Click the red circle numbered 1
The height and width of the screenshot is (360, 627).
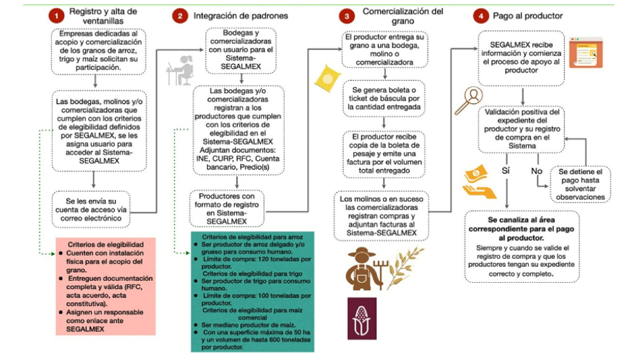click(51, 13)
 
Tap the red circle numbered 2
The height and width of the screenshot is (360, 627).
click(180, 15)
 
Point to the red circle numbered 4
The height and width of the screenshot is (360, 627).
click(480, 14)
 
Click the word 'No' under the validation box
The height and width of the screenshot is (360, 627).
click(537, 170)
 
